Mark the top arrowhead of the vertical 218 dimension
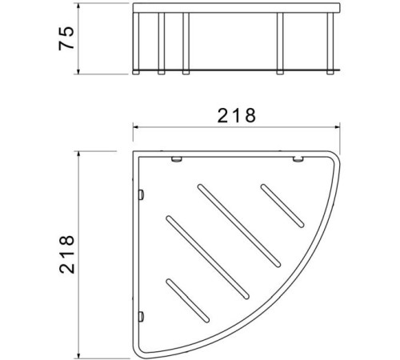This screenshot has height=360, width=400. [x=78, y=154]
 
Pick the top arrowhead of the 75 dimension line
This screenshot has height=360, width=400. [x=78, y=7]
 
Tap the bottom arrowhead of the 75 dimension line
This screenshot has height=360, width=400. [x=78, y=71]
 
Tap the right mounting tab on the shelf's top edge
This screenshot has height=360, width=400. [x=298, y=162]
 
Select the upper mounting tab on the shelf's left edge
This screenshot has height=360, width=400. [x=141, y=194]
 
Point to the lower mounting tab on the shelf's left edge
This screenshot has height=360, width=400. [x=141, y=314]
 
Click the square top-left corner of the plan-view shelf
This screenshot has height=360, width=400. [x=134, y=153]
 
